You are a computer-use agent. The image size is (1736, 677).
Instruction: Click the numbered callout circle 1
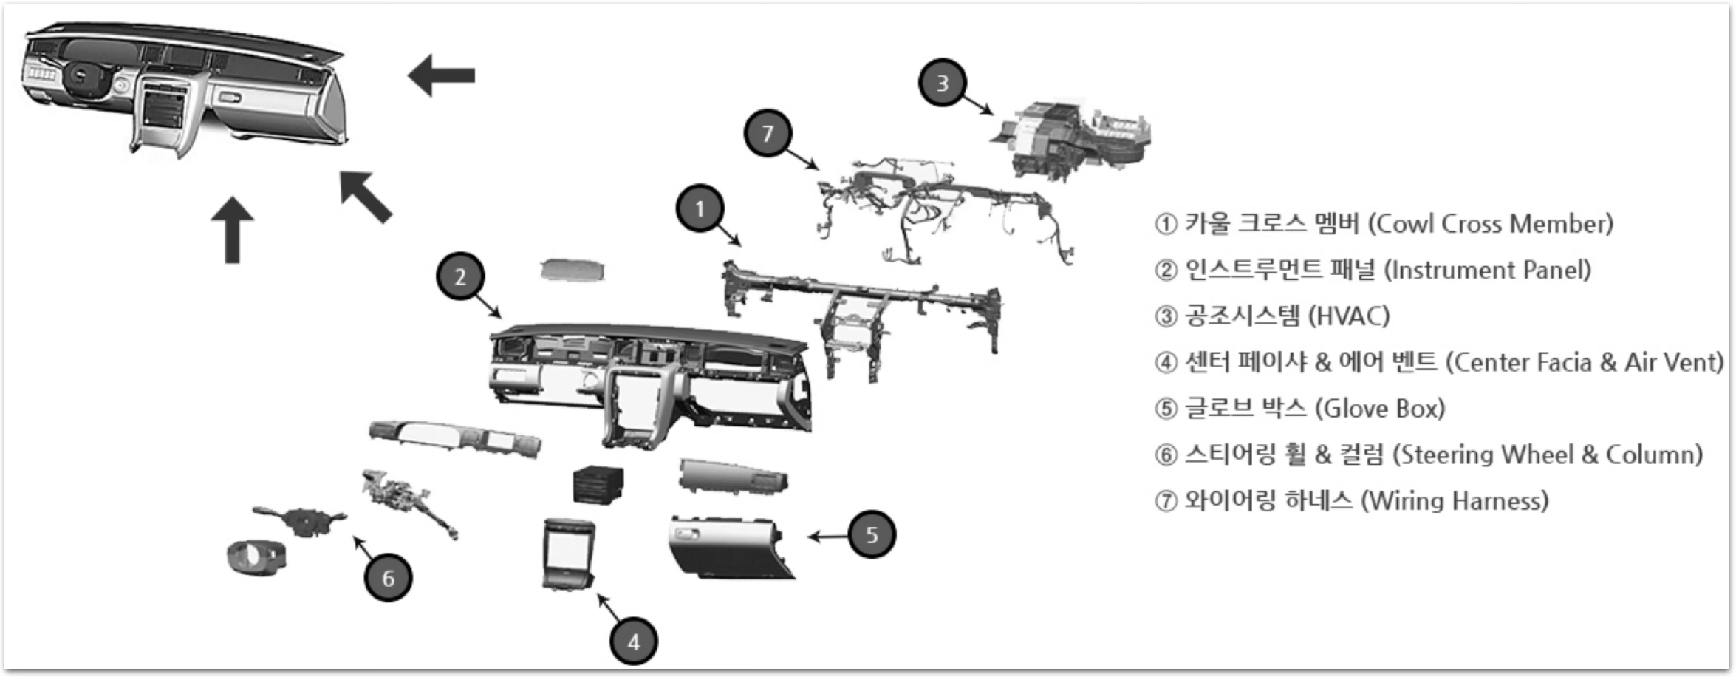point(700,209)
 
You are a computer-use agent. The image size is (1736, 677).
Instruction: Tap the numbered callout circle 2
point(460,277)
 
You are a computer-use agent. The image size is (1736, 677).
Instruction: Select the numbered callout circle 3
point(943,83)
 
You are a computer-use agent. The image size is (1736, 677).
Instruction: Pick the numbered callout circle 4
point(634,642)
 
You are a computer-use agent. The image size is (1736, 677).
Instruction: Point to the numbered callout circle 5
point(872,534)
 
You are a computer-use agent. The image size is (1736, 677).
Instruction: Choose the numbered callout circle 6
point(388,577)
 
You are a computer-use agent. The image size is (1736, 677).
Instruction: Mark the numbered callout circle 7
point(768,133)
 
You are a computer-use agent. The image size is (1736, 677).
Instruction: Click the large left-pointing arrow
point(442,75)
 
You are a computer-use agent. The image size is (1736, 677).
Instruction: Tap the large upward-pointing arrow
point(233,230)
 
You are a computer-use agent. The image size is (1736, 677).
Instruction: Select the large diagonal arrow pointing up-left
point(366,197)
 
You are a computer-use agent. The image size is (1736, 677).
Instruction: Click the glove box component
point(731,548)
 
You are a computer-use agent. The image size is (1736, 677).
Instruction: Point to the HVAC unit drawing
point(1071,139)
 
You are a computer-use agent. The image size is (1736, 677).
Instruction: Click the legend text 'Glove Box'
point(1381,409)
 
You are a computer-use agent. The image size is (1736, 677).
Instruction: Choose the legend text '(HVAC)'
point(1349,316)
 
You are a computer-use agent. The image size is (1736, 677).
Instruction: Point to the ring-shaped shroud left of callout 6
point(256,559)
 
